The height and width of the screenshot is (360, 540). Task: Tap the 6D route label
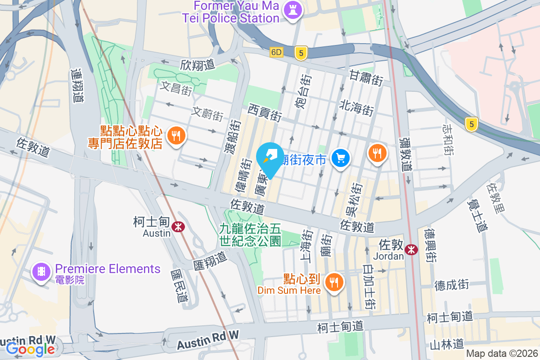276,52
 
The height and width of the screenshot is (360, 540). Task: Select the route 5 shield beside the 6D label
301,53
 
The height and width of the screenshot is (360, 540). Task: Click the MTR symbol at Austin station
179,226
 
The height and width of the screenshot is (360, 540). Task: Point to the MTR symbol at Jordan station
410,249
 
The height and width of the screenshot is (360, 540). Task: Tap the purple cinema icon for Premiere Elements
41,272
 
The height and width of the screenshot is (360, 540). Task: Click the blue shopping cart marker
341,158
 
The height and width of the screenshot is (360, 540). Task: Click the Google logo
31,348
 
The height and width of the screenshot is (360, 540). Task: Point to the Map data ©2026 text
502,354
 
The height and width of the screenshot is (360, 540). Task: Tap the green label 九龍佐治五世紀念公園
250,235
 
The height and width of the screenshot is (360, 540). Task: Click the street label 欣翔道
197,65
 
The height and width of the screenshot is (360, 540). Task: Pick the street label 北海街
357,108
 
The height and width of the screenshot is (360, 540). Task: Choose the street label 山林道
446,344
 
